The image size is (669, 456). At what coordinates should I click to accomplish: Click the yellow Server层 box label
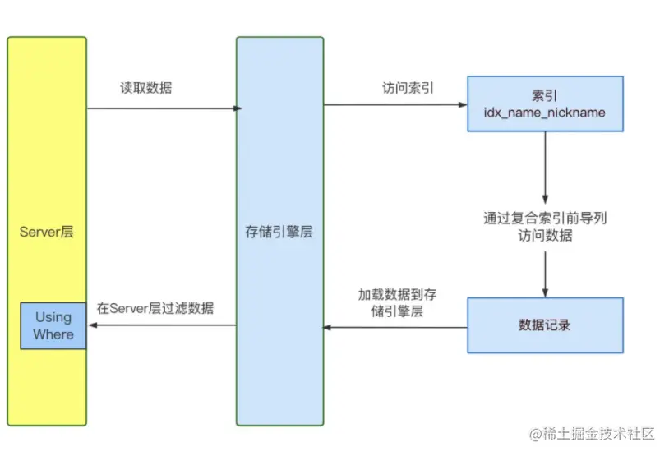point(47,232)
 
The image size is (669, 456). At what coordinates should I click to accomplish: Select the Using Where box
point(53,325)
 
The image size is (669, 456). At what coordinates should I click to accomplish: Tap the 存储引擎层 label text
point(279,232)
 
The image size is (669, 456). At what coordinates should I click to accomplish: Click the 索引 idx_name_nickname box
point(545,104)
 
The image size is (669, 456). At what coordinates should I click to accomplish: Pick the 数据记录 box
point(545,325)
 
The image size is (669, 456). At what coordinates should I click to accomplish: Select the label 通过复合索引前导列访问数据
point(545,227)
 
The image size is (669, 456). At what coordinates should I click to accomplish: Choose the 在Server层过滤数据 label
point(155,308)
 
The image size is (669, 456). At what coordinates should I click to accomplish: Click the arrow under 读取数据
point(163,108)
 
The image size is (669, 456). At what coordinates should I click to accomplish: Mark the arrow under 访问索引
point(394,104)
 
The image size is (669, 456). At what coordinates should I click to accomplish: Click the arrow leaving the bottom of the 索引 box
point(545,164)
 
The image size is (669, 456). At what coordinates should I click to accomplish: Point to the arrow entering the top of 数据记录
point(545,275)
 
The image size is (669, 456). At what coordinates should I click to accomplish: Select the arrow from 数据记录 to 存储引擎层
point(394,327)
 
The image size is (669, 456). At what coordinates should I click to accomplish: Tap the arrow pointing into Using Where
point(160,325)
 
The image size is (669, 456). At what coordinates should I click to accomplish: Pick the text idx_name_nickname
point(545,112)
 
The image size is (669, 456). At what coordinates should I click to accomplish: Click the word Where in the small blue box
point(53,334)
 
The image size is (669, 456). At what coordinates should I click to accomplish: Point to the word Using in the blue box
point(53,316)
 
